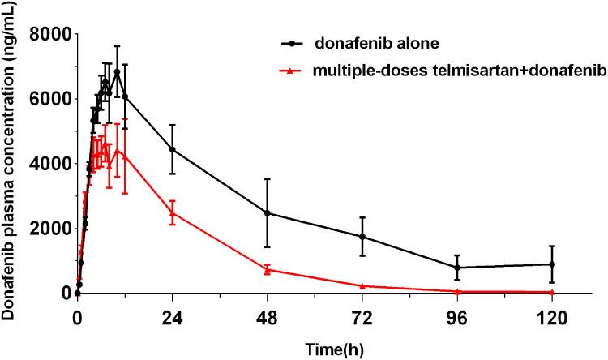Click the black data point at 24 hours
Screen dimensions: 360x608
172,149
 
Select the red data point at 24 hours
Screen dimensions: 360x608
172,212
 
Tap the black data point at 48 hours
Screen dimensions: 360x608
268,213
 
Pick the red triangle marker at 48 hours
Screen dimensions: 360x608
268,269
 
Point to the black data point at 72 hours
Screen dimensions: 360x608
362,236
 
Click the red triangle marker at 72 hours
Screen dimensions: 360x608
362,285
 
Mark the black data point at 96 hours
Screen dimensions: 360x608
457,268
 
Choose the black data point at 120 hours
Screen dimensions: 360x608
552,264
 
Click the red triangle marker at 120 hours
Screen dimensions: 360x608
552,291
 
